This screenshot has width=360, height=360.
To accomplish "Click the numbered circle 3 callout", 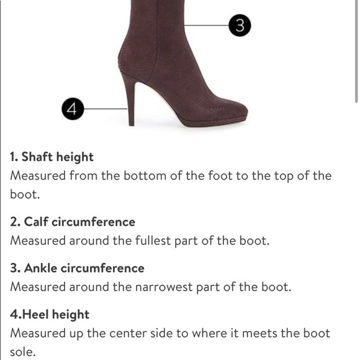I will coord(240,25).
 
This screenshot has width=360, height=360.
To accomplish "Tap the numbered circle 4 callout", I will coord(73,109).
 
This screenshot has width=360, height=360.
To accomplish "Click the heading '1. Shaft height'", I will coord(52,157).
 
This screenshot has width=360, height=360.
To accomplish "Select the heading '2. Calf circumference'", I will coord(72,222).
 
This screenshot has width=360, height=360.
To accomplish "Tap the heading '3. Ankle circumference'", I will coord(77,268).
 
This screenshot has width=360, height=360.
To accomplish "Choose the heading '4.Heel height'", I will coord(50,314).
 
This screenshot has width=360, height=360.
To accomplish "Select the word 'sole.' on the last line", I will coord(24,352).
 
